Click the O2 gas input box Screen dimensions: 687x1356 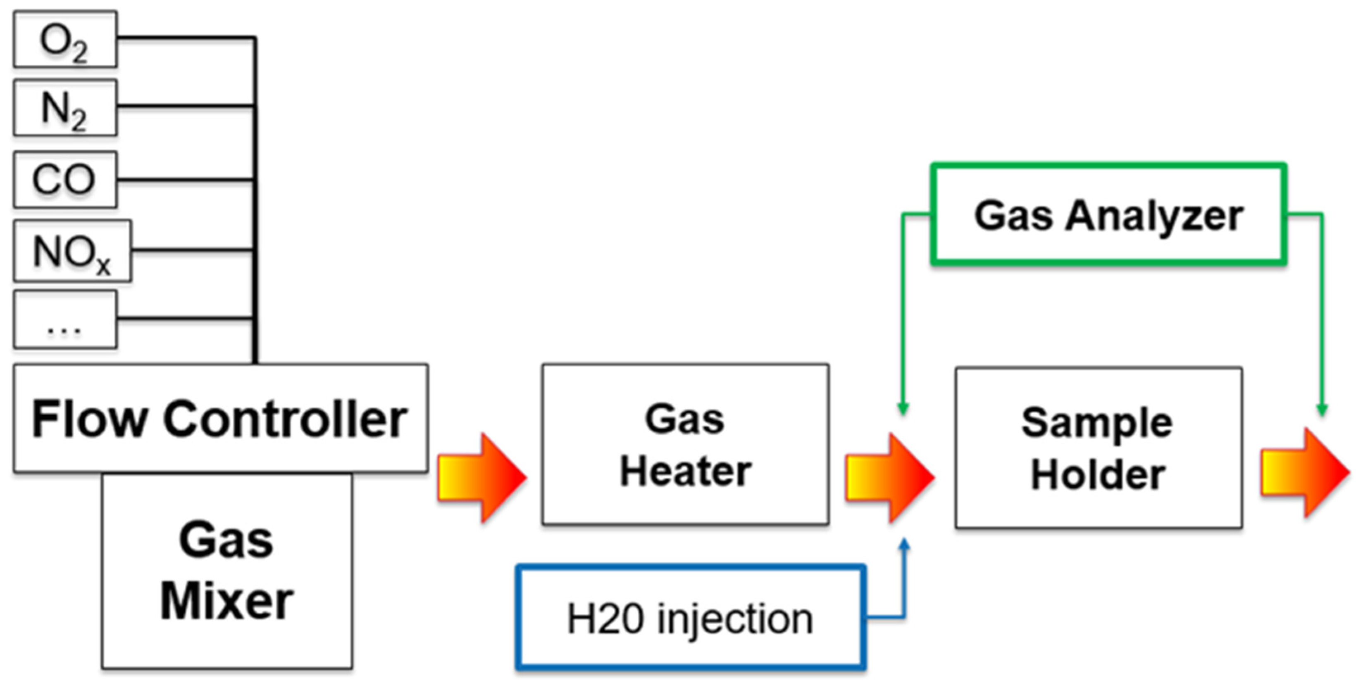[65, 40]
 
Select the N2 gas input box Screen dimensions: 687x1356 [65, 108]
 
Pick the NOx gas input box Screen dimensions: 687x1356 [72, 251]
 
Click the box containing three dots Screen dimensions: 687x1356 [65, 320]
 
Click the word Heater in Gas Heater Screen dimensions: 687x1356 [685, 471]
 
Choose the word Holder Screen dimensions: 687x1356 [1098, 476]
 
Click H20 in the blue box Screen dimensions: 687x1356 [605, 619]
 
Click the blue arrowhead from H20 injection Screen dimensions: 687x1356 [904, 545]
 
